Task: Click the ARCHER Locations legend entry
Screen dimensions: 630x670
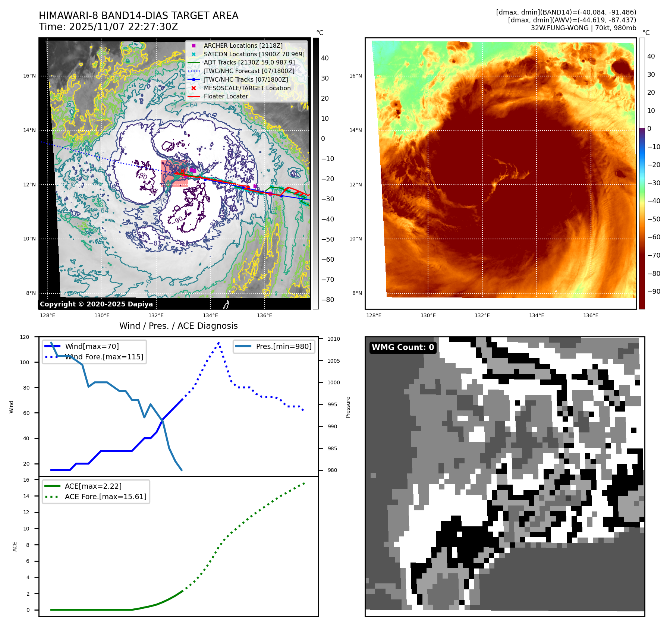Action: [243, 45]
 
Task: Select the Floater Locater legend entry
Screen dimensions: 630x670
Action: [226, 96]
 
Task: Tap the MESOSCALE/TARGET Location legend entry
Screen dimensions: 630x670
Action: [247, 88]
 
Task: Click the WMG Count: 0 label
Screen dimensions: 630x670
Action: [403, 347]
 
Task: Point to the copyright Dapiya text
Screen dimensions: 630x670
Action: [96, 304]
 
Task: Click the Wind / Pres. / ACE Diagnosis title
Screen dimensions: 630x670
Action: [178, 326]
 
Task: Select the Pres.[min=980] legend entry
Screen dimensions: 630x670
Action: [283, 346]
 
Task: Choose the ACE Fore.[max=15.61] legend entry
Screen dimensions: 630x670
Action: [106, 497]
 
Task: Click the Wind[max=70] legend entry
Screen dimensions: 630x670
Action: [92, 346]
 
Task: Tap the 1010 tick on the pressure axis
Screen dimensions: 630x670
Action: [334, 339]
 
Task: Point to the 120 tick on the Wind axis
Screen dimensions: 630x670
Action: [25, 337]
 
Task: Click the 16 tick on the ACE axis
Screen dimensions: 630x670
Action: [26, 480]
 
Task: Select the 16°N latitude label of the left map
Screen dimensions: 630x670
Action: [29, 76]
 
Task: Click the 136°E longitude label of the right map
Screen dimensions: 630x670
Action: [591, 315]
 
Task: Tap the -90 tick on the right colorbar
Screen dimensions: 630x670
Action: [654, 292]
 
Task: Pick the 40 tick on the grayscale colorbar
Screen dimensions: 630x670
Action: [325, 58]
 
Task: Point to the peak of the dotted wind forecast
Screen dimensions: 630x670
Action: [218, 342]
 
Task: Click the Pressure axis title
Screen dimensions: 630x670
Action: [348, 407]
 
